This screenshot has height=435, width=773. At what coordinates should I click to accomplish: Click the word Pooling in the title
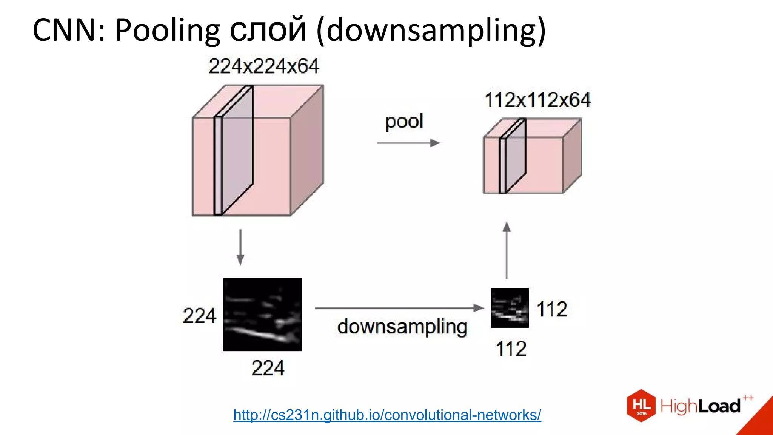click(x=167, y=30)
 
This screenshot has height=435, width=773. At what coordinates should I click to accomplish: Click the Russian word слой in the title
click(x=268, y=30)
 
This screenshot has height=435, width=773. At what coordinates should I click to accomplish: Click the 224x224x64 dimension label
click(x=263, y=66)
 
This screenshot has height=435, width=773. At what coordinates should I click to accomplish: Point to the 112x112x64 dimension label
click(x=537, y=100)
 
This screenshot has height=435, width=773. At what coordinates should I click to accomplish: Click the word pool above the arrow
click(x=404, y=122)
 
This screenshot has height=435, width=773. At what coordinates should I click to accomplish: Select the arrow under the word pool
click(x=409, y=143)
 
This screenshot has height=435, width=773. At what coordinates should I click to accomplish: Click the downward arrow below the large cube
click(x=240, y=247)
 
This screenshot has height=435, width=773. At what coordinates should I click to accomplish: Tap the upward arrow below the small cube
click(x=507, y=250)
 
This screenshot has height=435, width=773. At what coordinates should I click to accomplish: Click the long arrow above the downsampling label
click(x=399, y=308)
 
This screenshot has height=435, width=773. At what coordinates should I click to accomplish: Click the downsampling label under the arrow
click(x=402, y=327)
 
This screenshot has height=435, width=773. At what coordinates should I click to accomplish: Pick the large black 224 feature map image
click(x=262, y=315)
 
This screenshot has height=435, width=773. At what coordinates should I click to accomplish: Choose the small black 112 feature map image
click(x=510, y=308)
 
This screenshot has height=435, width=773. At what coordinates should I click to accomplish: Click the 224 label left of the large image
click(x=199, y=316)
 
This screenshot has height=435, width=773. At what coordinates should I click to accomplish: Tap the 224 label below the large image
click(x=268, y=368)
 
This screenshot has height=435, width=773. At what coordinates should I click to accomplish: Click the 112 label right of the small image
click(x=552, y=309)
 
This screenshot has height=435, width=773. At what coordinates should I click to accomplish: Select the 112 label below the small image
click(x=511, y=349)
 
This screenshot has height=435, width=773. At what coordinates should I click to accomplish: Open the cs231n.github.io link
click(x=387, y=415)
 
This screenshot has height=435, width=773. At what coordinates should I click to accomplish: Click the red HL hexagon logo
click(x=641, y=406)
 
